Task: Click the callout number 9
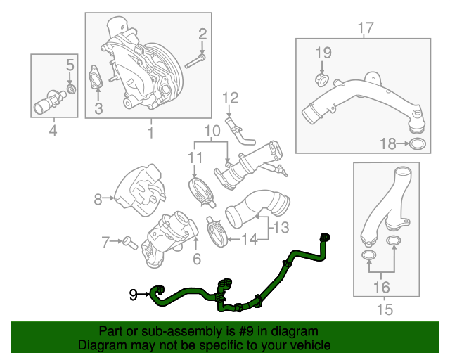(133, 295)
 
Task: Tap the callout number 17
(364, 28)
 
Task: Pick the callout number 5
(70, 66)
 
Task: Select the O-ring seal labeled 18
(417, 145)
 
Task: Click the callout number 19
(322, 53)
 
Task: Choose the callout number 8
(98, 199)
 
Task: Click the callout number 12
(231, 97)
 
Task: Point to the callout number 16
(380, 287)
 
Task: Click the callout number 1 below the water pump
(150, 131)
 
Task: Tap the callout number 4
(52, 130)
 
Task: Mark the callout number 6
(197, 259)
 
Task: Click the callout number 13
(281, 227)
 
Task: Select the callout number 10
(212, 131)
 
